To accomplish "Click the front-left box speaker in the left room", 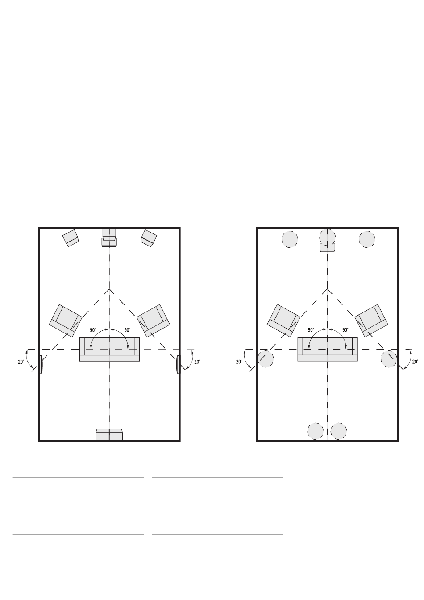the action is point(71,238).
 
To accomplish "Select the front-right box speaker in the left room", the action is point(149,238).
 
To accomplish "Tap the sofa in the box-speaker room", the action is point(109,349).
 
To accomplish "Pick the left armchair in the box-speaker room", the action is point(66,321).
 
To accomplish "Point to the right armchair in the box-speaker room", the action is point(153,321).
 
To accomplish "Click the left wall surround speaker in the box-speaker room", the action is point(41,364).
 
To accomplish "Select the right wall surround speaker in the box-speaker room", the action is point(178,364).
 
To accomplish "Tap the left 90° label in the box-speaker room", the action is point(93,330).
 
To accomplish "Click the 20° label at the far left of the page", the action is point(21,362).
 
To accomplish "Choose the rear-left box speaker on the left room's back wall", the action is point(103,434).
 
